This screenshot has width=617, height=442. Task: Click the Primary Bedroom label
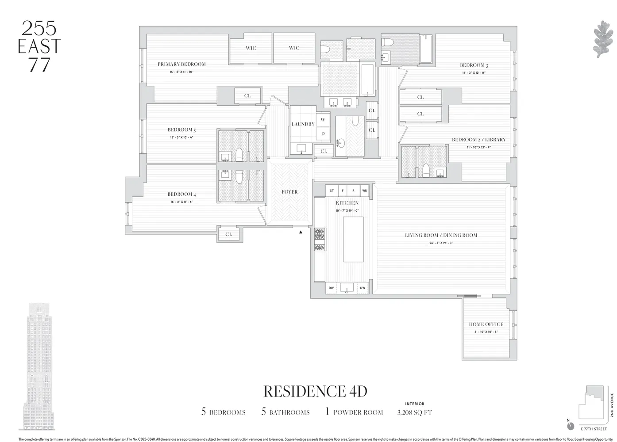coord(181,64)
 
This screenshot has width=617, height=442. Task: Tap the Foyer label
coord(289,192)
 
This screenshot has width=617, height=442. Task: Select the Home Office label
coord(486,324)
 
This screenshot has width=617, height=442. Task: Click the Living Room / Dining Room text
coord(441,235)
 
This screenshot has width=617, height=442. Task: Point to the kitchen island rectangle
coord(353,240)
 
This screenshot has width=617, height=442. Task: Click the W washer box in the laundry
coord(323,120)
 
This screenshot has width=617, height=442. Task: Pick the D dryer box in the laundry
coord(323,133)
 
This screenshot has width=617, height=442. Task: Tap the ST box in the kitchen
coord(332,191)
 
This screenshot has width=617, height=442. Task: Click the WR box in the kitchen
coord(364,191)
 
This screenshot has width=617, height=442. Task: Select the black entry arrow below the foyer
coord(301,232)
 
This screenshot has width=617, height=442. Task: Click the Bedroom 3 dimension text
coord(474,72)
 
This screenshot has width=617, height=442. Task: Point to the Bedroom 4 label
coord(181,194)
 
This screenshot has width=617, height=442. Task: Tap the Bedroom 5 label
coord(181,130)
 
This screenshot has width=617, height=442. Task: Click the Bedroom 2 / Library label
coord(478,140)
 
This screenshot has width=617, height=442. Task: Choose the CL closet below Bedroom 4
coord(228,234)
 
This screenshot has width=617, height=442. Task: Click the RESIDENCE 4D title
coord(315,391)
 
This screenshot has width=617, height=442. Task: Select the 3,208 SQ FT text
coord(414,412)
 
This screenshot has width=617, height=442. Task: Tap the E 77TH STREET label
coord(594,429)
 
